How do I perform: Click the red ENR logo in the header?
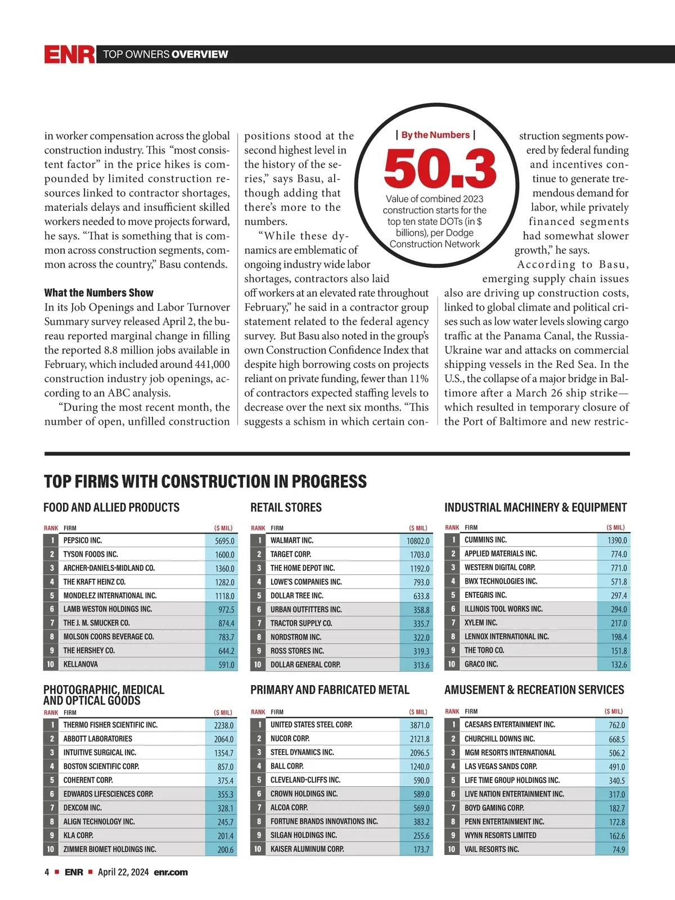69,54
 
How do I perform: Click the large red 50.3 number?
440,168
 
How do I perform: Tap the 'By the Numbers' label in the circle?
435,135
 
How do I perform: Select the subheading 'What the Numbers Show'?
98,292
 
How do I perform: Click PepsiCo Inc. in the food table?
83,540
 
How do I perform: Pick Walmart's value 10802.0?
418,541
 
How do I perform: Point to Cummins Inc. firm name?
485,539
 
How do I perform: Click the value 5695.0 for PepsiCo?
224,541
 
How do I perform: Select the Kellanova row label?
80,664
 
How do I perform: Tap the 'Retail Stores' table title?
286,507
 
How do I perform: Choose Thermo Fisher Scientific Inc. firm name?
110,725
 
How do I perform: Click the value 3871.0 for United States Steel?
419,725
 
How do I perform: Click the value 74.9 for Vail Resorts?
618,849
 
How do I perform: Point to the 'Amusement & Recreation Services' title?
534,690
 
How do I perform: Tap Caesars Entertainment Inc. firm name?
510,724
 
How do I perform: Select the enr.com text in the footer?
170,872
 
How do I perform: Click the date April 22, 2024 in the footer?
123,872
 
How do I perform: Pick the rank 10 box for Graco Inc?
452,664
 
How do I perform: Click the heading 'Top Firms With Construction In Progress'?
205,481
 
